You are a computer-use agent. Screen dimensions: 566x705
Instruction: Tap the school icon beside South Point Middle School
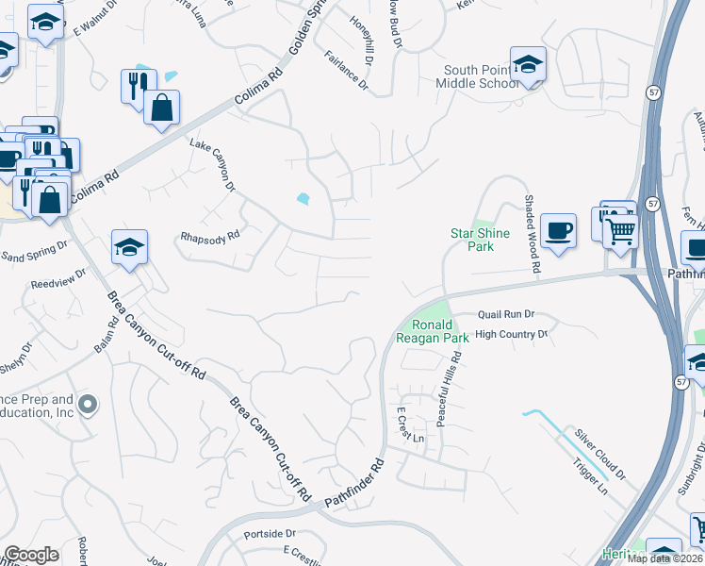[528, 65]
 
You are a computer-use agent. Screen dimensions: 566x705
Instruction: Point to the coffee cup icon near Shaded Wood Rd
[558, 229]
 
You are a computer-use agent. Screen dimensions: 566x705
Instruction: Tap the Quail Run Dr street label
[506, 314]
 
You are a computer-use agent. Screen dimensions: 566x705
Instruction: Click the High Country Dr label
[511, 334]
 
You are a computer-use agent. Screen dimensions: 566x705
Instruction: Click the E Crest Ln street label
[410, 426]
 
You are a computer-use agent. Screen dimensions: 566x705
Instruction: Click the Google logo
[31, 555]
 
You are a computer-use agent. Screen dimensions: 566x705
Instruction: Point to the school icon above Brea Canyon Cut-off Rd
[129, 247]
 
